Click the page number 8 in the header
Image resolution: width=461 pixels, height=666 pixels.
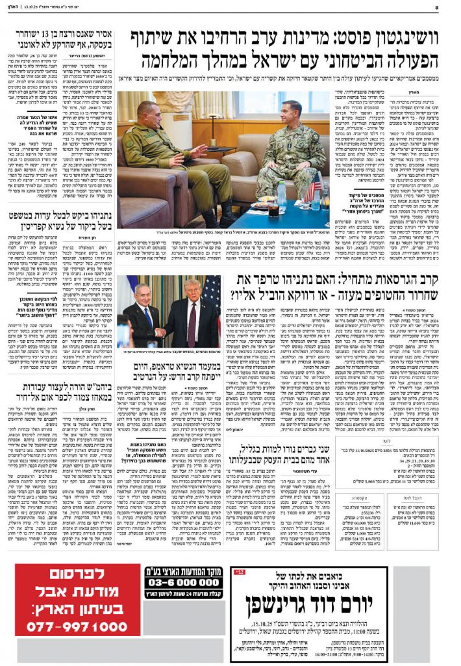click(455, 8)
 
